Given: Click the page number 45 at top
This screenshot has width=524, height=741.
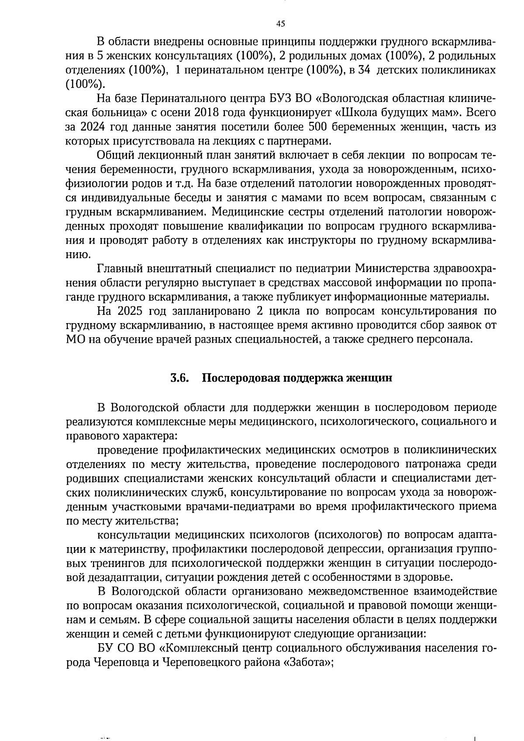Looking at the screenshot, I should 281,23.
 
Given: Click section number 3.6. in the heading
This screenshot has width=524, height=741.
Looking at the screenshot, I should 179,378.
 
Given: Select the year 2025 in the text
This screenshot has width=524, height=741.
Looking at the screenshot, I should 131,311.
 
